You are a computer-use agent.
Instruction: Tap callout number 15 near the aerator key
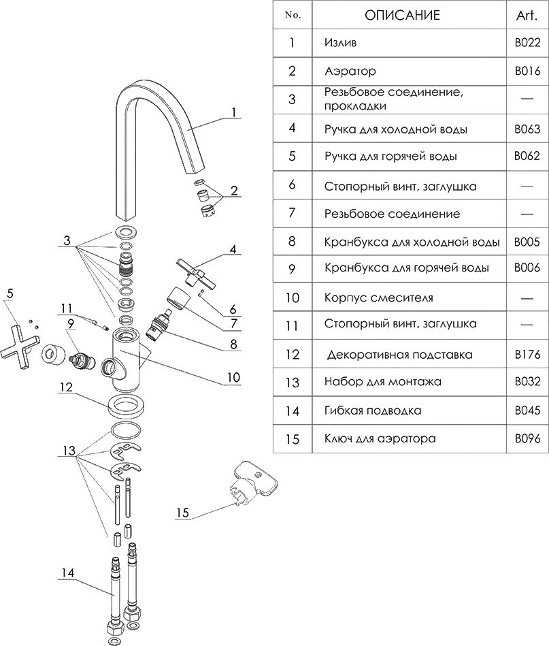pyautogui.click(x=182, y=513)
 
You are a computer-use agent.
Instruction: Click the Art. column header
pyautogui.click(x=527, y=14)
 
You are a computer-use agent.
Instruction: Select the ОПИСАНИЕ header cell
pyautogui.click(x=402, y=14)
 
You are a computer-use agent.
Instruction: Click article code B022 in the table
pyautogui.click(x=527, y=43)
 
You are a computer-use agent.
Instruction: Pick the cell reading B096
pyautogui.click(x=527, y=439)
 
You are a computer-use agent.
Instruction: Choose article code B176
pyautogui.click(x=527, y=354)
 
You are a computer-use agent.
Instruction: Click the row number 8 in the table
pyautogui.click(x=292, y=241)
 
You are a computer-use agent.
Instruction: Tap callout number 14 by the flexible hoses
pyautogui.click(x=66, y=572)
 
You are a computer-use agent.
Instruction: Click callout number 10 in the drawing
pyautogui.click(x=233, y=376)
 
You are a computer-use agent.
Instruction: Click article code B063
pyautogui.click(x=527, y=129)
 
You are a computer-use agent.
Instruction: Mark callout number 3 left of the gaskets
pyautogui.click(x=67, y=240)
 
